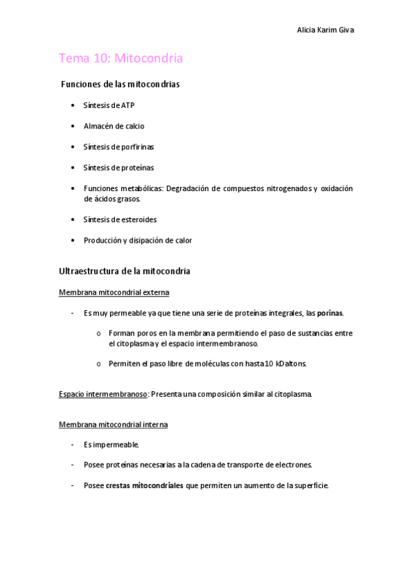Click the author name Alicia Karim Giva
tap(325, 30)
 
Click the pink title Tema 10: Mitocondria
tap(120, 58)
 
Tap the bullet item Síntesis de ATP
tap(109, 105)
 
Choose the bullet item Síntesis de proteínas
tap(118, 167)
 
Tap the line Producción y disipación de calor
tap(138, 240)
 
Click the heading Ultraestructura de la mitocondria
tap(124, 272)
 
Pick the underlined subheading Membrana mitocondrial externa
tap(113, 292)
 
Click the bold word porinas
tap(329, 313)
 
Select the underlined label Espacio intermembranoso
tap(103, 394)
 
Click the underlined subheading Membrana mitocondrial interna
tap(113, 424)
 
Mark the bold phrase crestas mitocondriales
tap(144, 485)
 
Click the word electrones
tap(294, 465)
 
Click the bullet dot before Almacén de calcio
tap(73, 126)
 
